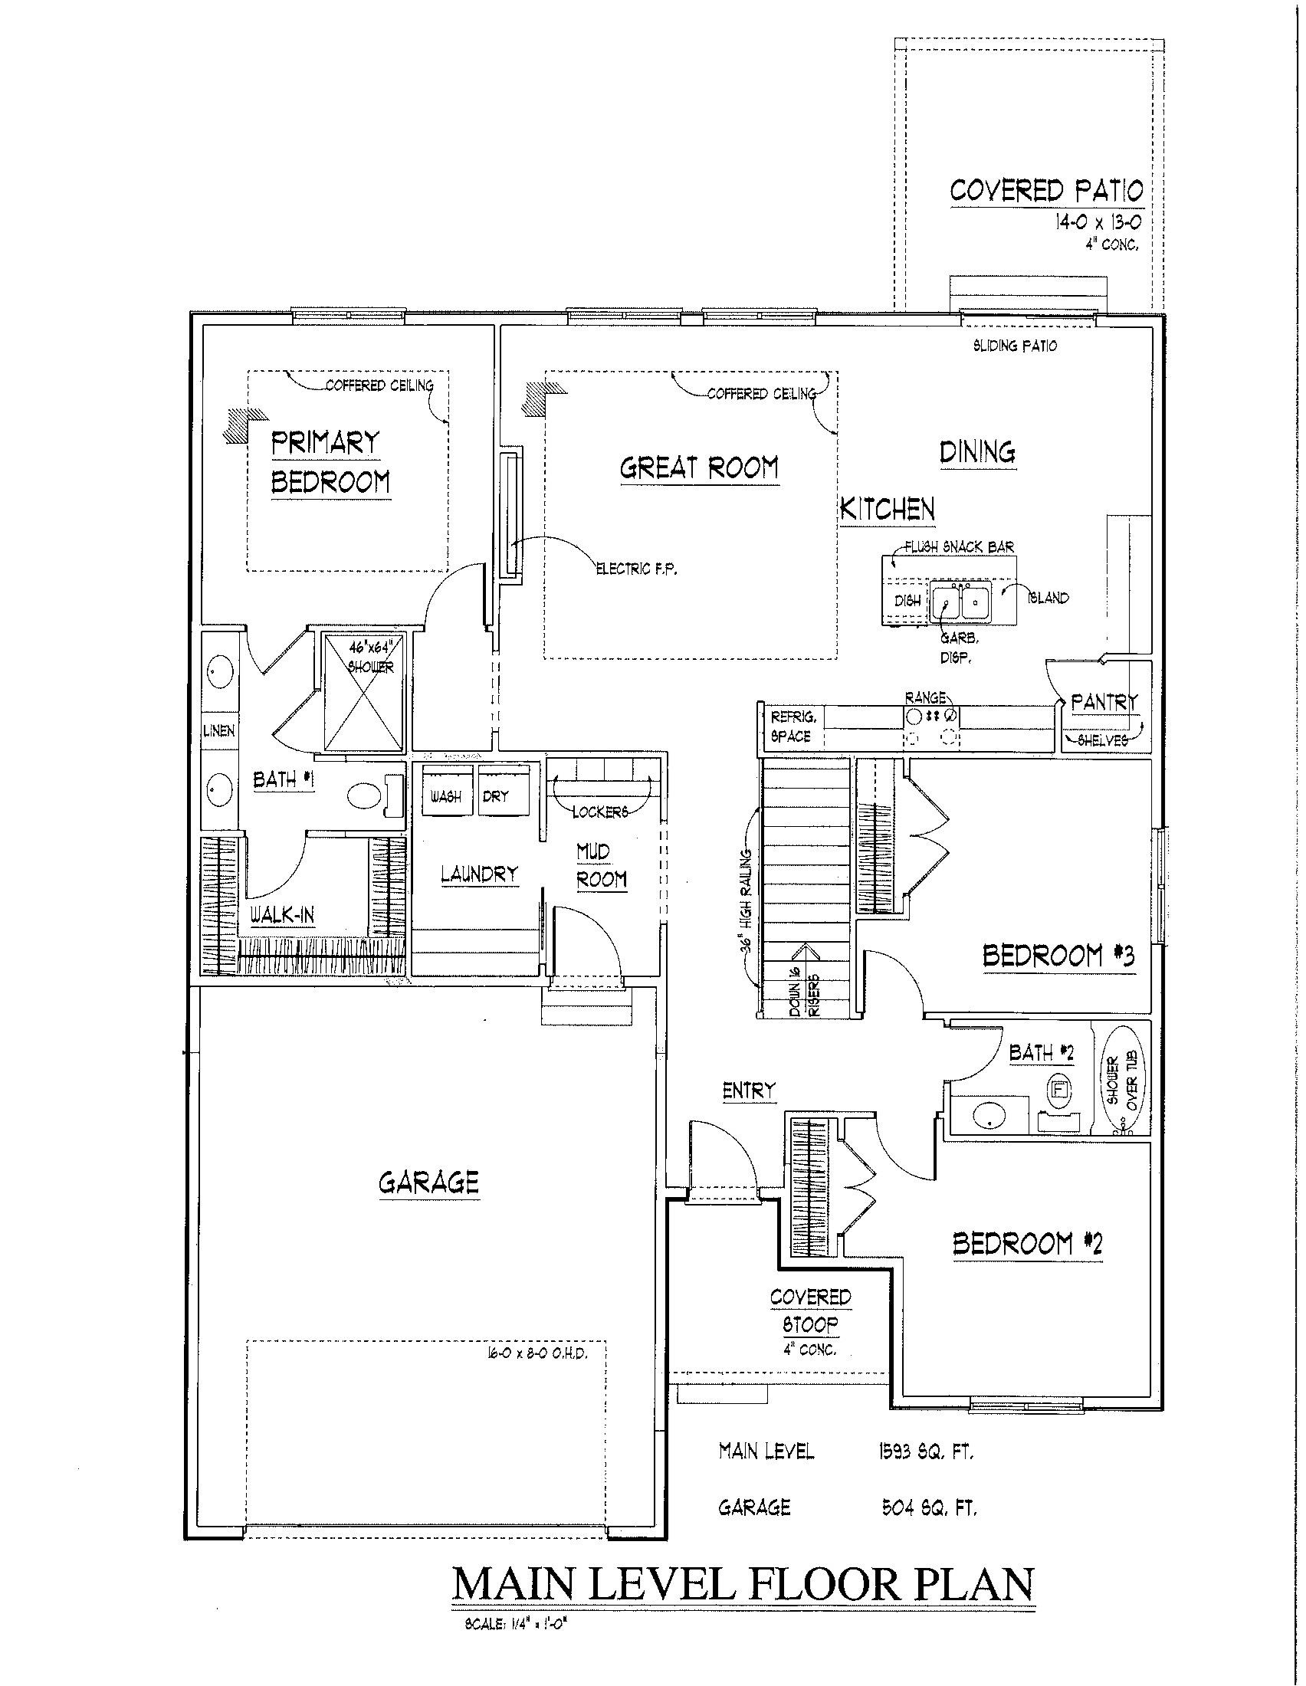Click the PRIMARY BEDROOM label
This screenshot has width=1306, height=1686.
pos(330,462)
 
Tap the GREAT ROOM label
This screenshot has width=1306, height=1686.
pos(699,467)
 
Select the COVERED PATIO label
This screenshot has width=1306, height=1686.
pos(1046,190)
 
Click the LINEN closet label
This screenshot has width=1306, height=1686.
pos(218,730)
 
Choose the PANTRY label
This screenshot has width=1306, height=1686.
pos(1104,702)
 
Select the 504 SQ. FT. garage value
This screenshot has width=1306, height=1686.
pos(929,1507)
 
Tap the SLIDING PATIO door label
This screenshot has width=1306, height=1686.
pos(1014,346)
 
